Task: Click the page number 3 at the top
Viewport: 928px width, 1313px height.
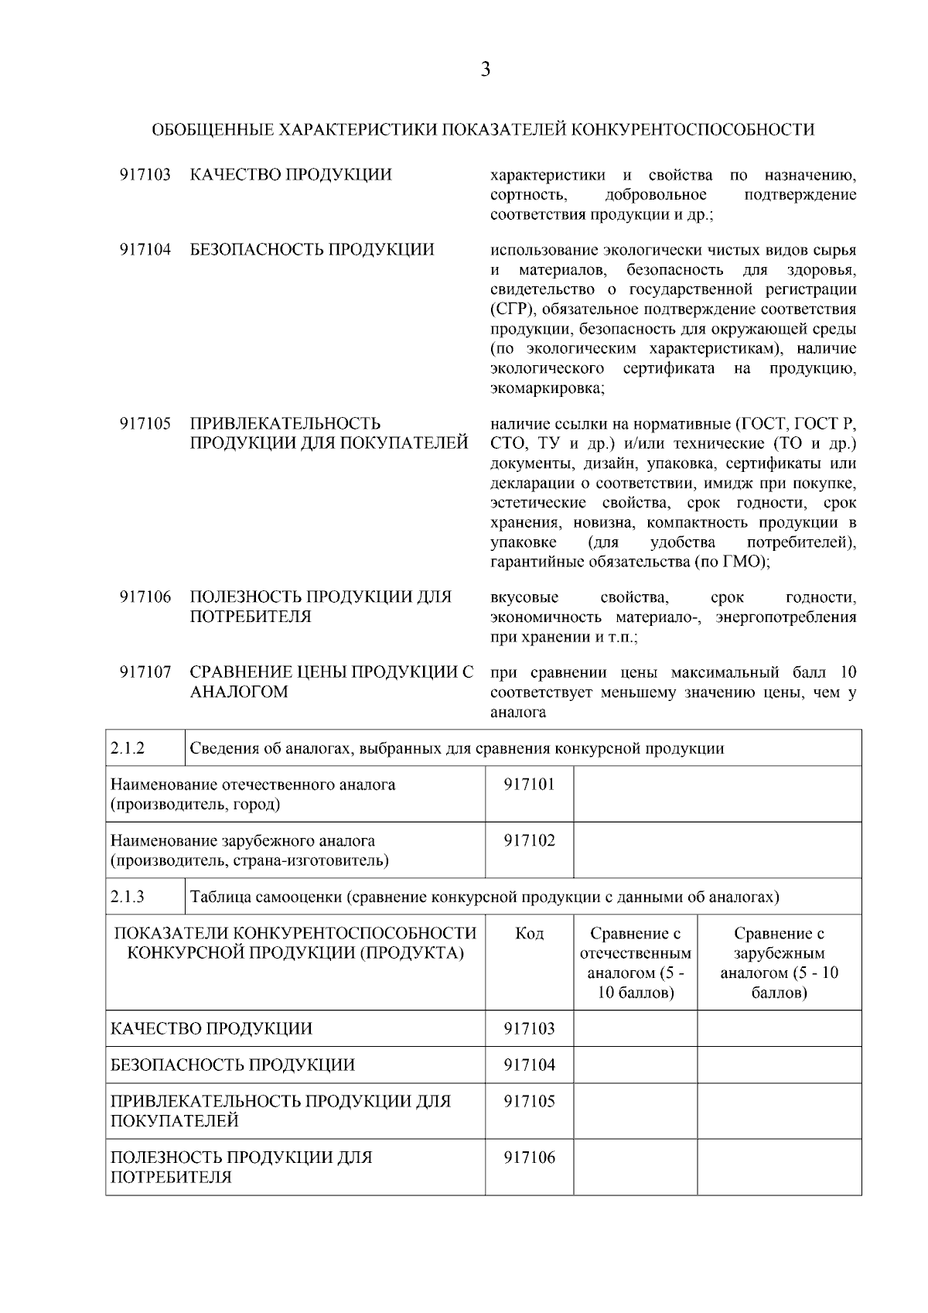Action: click(485, 70)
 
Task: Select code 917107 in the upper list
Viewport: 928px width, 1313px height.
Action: click(145, 673)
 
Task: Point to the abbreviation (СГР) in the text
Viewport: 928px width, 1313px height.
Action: click(513, 309)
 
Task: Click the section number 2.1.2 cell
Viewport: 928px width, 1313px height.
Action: click(145, 748)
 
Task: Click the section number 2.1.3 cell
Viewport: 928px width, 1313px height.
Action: click(145, 897)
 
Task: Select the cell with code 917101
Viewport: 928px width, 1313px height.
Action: click(529, 785)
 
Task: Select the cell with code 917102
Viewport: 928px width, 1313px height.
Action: click(529, 841)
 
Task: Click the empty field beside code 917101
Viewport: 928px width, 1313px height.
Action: click(717, 794)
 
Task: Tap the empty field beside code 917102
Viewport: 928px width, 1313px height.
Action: click(717, 850)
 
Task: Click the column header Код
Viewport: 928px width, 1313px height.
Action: click(529, 934)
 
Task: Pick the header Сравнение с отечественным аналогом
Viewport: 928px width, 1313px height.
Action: click(635, 963)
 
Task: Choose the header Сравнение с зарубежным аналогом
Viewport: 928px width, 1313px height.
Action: click(779, 963)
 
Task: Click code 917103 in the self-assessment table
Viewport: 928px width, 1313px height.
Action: click(529, 1028)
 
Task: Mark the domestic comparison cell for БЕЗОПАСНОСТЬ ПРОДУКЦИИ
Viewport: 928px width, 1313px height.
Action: click(635, 1065)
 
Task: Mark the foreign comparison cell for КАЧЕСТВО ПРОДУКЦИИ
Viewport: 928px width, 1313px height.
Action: click(779, 1028)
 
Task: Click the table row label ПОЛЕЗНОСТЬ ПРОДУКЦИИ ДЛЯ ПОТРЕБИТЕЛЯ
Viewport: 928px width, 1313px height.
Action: click(241, 1167)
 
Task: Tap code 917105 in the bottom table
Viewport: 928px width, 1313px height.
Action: click(529, 1101)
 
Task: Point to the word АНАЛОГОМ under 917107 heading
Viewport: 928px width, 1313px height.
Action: click(239, 692)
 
